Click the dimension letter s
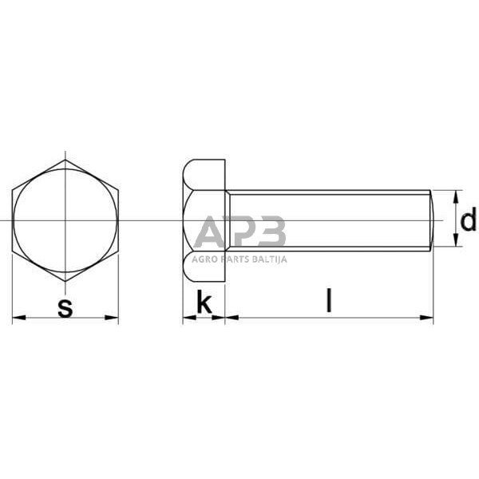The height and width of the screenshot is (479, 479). click(x=65, y=308)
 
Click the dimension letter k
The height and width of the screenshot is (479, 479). click(x=204, y=302)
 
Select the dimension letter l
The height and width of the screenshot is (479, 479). click(x=329, y=300)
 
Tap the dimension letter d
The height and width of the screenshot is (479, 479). click(x=468, y=219)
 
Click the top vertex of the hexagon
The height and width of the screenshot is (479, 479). click(x=65, y=160)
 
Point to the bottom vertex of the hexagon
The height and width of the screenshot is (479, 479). click(x=65, y=281)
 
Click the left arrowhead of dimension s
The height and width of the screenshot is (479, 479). click(x=18, y=318)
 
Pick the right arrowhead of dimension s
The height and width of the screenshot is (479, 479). click(x=112, y=318)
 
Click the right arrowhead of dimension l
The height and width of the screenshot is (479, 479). click(x=427, y=318)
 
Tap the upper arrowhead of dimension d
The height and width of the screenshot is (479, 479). click(x=456, y=196)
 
